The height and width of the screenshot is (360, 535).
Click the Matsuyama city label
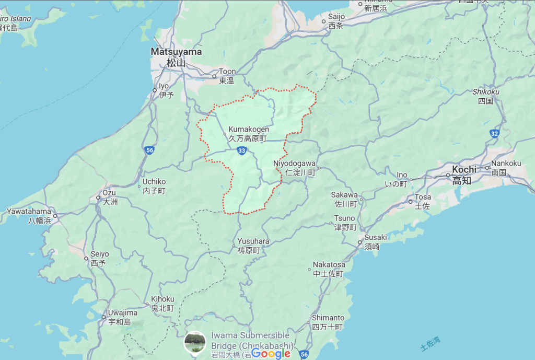pos(176,57)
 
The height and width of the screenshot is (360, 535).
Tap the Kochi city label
pos(464,175)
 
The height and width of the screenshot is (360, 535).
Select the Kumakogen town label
pos(248,134)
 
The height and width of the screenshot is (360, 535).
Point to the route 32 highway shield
pos(494,134)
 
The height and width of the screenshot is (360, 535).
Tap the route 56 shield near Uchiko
pos(149,150)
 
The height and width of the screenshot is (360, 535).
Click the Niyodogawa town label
pos(294,167)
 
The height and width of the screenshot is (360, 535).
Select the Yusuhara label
pos(253,246)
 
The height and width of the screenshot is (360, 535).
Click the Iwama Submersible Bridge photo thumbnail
pos(195,342)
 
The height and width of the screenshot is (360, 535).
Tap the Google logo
pos(271,354)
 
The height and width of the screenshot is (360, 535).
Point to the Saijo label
pos(336,21)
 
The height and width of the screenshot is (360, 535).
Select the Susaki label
pos(376,241)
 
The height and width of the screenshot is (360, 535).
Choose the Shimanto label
pos(328,322)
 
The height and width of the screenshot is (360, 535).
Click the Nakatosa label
pos(329,269)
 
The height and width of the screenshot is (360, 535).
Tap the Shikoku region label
pos(485,96)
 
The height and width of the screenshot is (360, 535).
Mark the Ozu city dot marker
pos(98,198)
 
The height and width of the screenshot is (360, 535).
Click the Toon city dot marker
pos(214,76)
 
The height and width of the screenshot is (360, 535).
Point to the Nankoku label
pos(506,167)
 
